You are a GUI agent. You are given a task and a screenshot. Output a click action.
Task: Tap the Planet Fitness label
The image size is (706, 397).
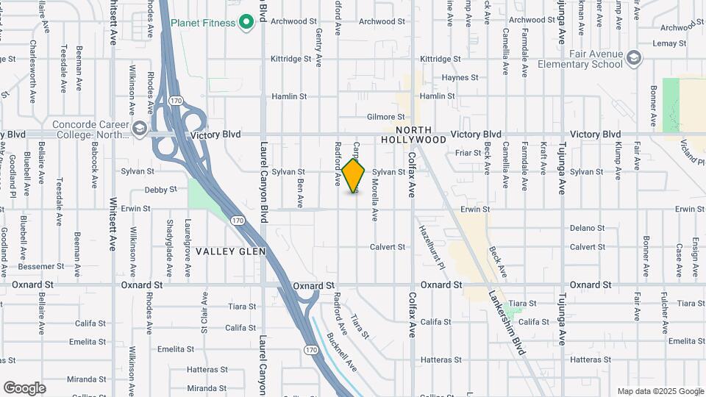click(203, 23)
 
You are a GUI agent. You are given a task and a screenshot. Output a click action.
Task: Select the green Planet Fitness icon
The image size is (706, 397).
click(247, 23)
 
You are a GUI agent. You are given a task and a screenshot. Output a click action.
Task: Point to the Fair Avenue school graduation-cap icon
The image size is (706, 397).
click(635, 57)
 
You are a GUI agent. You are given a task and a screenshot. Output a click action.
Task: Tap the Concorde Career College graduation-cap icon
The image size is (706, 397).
click(138, 129)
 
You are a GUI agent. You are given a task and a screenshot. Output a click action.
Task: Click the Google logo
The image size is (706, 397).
click(24, 388)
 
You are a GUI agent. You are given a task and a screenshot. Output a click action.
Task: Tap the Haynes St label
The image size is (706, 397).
click(460, 77)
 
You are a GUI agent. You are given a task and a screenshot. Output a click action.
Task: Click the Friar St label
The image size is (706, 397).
click(467, 153)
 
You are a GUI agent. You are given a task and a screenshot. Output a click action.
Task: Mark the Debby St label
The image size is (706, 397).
click(161, 189)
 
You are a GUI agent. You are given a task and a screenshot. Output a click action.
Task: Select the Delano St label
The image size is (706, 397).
click(587, 229)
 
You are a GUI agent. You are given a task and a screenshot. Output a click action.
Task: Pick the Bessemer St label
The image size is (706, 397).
click(36, 265)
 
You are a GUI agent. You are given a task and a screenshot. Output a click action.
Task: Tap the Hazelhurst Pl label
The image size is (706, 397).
click(432, 246)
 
